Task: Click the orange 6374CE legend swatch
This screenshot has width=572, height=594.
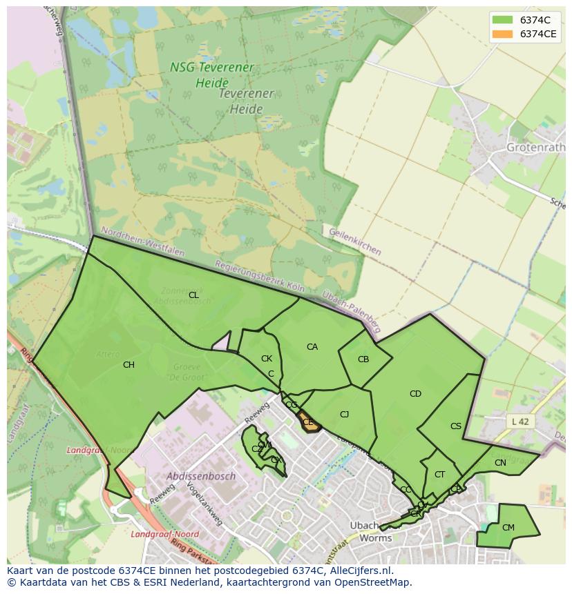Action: point(502,34)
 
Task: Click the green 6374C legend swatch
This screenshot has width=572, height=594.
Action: point(502,19)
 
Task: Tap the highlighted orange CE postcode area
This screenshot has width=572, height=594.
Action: point(309,423)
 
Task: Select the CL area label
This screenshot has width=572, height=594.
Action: point(193,295)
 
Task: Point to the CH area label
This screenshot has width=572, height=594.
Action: point(128,365)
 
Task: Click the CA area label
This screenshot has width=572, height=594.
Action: point(312,347)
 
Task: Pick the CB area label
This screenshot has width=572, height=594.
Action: point(363,359)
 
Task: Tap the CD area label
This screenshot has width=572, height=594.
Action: point(415,394)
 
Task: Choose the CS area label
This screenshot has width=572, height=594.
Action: point(456,426)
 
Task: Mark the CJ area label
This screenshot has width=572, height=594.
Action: point(345,415)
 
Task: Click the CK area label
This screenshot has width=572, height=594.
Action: point(267,359)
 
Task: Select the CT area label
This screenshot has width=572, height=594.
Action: point(440,475)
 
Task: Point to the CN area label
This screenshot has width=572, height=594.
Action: point(500,463)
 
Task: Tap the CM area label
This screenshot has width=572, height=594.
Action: point(508,528)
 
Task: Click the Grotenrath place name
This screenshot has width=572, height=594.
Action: point(535,148)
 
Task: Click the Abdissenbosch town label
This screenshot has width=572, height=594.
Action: point(201,476)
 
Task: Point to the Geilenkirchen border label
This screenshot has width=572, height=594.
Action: point(355,242)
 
